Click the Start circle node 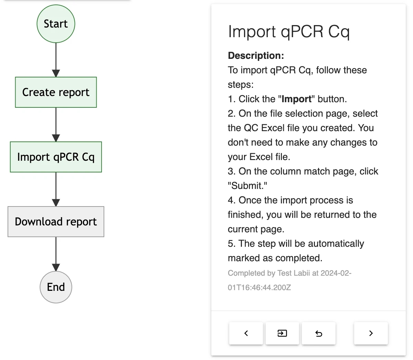(x=56, y=24)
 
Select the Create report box (x=56, y=92)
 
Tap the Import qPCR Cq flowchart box (x=56, y=157)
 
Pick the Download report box (x=56, y=222)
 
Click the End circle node (x=56, y=287)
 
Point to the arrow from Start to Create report (x=56, y=60)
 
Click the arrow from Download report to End (x=56, y=254)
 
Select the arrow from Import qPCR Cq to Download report (x=56, y=189)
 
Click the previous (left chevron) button (x=246, y=333)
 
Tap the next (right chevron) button (x=371, y=333)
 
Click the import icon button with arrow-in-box (x=282, y=333)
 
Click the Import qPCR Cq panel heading (x=289, y=32)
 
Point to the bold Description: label (x=256, y=55)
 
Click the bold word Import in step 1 (x=296, y=99)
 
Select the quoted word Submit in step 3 (x=247, y=186)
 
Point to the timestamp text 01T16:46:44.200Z (x=260, y=287)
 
